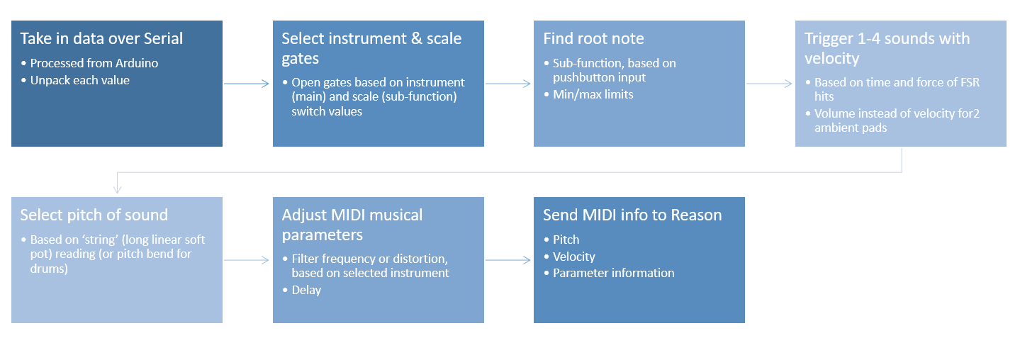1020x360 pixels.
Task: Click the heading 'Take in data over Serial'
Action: (101, 39)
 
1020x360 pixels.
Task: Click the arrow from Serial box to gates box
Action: (247, 84)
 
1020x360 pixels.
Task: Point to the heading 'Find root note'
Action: (593, 39)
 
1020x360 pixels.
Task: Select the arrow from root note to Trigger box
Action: (769, 84)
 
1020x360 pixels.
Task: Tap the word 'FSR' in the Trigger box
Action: (970, 82)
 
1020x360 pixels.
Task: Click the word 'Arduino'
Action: (137, 63)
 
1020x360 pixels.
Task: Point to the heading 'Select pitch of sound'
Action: (94, 215)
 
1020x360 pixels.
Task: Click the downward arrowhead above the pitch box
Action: (117, 189)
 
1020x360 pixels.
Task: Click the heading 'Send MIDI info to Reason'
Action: (632, 215)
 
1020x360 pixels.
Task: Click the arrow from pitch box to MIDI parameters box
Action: (247, 260)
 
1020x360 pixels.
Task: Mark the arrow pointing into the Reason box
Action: (508, 260)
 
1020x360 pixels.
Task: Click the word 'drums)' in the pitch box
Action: (49, 269)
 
